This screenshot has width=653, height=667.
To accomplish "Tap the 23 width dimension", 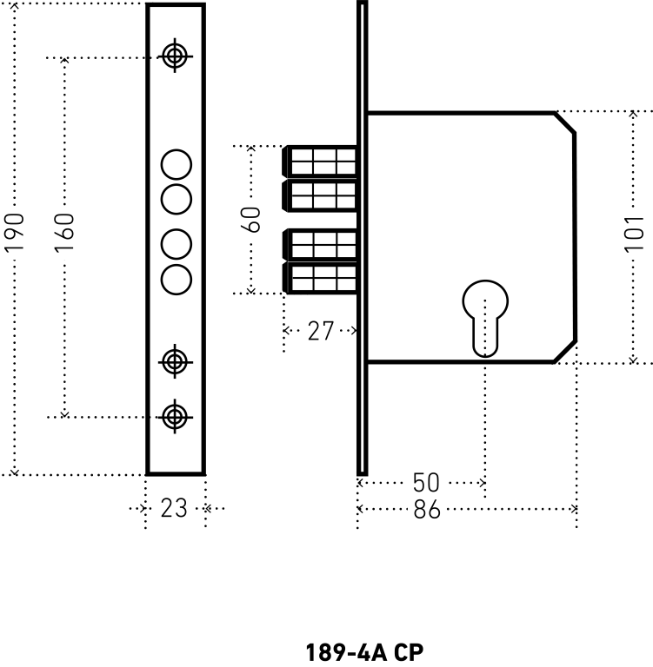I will click(x=174, y=508).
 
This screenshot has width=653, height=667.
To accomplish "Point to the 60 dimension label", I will click(x=252, y=219).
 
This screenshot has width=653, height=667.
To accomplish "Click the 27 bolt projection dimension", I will click(x=320, y=331).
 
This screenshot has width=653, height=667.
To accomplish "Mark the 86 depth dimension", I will click(x=427, y=510).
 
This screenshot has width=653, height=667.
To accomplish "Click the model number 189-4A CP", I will click(x=365, y=651).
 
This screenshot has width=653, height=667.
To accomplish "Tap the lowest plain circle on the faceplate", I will click(x=177, y=278).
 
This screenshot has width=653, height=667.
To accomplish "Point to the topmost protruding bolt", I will click(x=320, y=162).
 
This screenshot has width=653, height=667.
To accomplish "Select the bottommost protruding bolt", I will click(x=320, y=278).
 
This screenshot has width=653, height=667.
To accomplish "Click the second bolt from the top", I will click(x=320, y=195).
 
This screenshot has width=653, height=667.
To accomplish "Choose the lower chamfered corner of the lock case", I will click(x=565, y=351).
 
